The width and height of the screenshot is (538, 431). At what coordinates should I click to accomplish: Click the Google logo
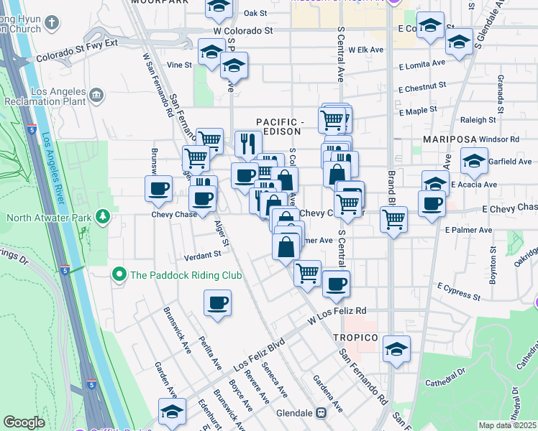pyautogui.click(x=24, y=423)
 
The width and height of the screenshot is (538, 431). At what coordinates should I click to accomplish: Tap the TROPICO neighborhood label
pyautogui.click(x=355, y=337)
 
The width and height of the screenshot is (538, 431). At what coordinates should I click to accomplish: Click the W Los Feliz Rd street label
pyautogui.click(x=337, y=314)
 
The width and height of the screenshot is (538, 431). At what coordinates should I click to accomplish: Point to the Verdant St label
pyautogui.click(x=201, y=255)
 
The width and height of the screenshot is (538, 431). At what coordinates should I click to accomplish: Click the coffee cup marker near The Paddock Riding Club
pyautogui.click(x=217, y=302)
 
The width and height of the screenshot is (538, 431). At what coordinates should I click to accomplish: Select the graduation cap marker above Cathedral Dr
pyautogui.click(x=396, y=348)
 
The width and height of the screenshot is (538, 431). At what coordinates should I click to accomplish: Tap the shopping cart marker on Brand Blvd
pyautogui.click(x=393, y=219)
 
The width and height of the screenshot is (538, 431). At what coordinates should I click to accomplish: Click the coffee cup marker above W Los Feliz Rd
pyautogui.click(x=335, y=284)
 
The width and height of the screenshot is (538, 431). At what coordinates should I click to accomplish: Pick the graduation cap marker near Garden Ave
pyautogui.click(x=172, y=412)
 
